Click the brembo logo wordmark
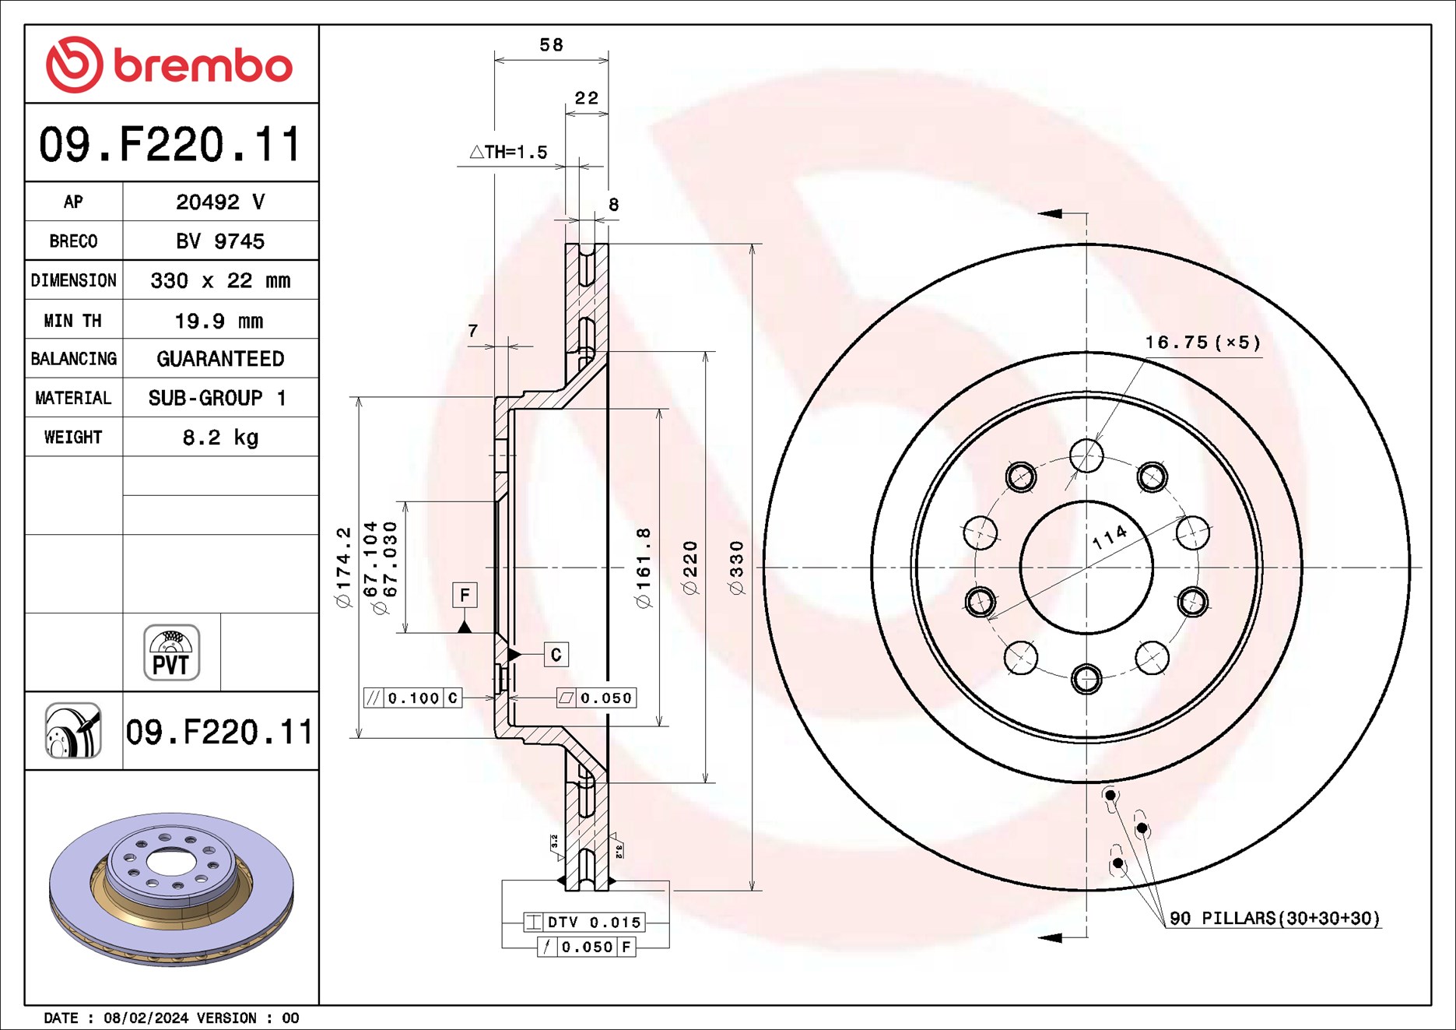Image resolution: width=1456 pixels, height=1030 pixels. point(203,65)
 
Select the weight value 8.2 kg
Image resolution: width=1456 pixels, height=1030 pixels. point(220,438)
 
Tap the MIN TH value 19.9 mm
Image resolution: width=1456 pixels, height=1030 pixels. point(219,321)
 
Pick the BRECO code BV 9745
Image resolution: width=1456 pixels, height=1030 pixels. point(220,241)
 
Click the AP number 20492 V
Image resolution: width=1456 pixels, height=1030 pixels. point(220,202)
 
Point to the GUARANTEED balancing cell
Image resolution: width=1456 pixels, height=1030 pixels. point(220,359)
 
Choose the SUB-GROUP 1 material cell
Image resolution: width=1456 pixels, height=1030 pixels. point(217,398)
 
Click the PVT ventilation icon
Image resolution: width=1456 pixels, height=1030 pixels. point(171,652)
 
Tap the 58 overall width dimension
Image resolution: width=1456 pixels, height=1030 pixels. point(551,44)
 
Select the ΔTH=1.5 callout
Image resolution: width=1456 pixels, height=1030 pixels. point(508,152)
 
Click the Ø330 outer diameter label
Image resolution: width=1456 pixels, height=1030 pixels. point(736,568)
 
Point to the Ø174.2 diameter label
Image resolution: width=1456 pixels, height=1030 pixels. point(343,567)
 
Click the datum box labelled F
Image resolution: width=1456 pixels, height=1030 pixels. point(465,596)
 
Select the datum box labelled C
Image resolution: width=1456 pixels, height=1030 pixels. point(556,655)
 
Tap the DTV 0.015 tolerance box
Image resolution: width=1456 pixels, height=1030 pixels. point(584,923)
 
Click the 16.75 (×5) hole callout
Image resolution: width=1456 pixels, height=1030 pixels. point(1202,343)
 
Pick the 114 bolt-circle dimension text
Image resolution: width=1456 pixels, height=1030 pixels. point(1109,536)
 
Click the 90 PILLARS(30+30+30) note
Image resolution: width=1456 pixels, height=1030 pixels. point(1275,919)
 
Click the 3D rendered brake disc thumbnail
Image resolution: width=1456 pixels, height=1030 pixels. point(171,888)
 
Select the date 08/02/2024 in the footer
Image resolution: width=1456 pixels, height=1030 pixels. point(146,1018)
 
